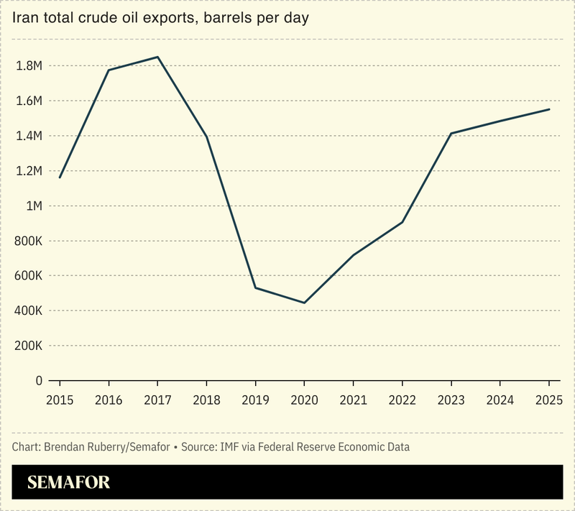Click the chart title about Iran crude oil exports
(160, 18)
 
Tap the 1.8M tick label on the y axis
(29, 66)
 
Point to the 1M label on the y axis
(34, 206)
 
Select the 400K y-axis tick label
(29, 311)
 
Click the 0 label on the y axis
(40, 381)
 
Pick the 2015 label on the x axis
(60, 399)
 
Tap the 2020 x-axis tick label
(304, 399)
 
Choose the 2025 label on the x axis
(549, 399)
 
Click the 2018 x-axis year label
(206, 399)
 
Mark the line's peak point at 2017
(157, 57)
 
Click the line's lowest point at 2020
(304, 303)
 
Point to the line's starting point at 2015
(60, 178)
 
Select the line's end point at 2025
(549, 109)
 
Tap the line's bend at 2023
(451, 133)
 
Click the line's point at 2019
(255, 288)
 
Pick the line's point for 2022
(402, 222)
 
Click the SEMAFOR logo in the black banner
(69, 482)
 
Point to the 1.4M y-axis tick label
(29, 136)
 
